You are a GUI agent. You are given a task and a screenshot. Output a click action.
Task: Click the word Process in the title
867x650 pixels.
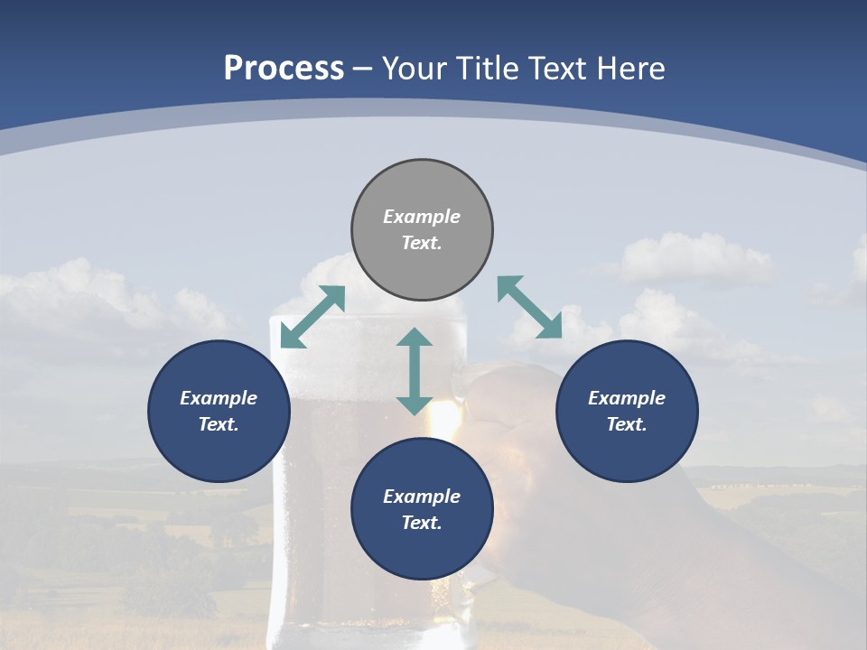284,68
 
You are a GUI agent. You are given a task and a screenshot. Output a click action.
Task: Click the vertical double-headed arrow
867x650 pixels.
415,371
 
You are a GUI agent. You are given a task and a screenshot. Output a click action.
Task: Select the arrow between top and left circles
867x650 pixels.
312,317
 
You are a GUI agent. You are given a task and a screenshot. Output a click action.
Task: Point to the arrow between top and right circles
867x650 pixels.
529,307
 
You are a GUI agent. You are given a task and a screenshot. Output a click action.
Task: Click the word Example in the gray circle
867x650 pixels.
422,217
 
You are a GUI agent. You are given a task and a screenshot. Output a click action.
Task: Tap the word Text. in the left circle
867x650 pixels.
219,424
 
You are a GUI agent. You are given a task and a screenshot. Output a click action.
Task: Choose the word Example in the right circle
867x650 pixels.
627,398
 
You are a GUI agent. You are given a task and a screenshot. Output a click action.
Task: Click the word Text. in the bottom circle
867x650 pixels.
422,523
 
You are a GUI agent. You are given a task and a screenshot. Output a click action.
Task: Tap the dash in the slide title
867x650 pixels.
363,69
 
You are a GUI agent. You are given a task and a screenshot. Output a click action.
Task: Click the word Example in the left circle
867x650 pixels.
219,398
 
